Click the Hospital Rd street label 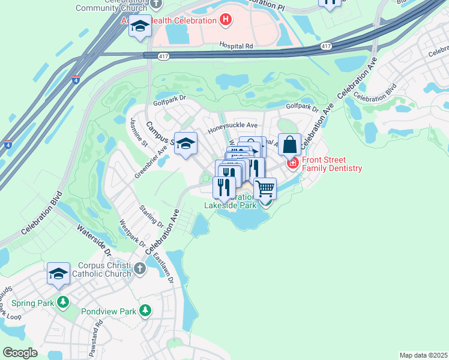tap(237, 46)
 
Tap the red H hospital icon tap(225, 20)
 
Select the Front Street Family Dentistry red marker tap(292, 163)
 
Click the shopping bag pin tap(289, 145)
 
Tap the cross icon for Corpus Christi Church tap(139, 268)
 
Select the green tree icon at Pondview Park tap(145, 311)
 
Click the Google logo tap(20, 353)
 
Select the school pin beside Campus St tap(186, 143)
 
